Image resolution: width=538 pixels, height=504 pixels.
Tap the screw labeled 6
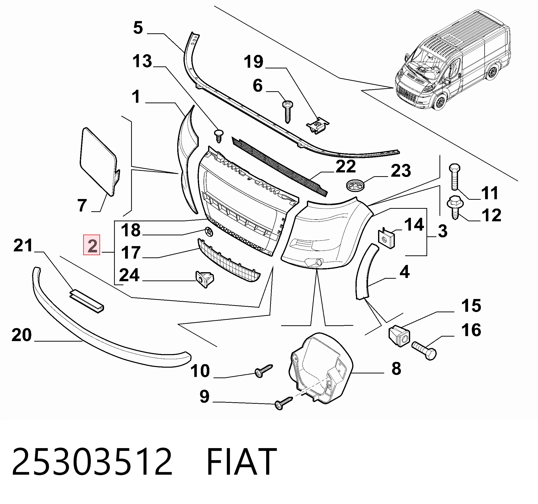point(287,112)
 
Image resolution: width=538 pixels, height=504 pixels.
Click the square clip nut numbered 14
point(386,238)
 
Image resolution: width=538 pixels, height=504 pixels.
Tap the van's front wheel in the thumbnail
point(440,102)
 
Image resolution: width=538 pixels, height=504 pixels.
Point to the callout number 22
point(345,166)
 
